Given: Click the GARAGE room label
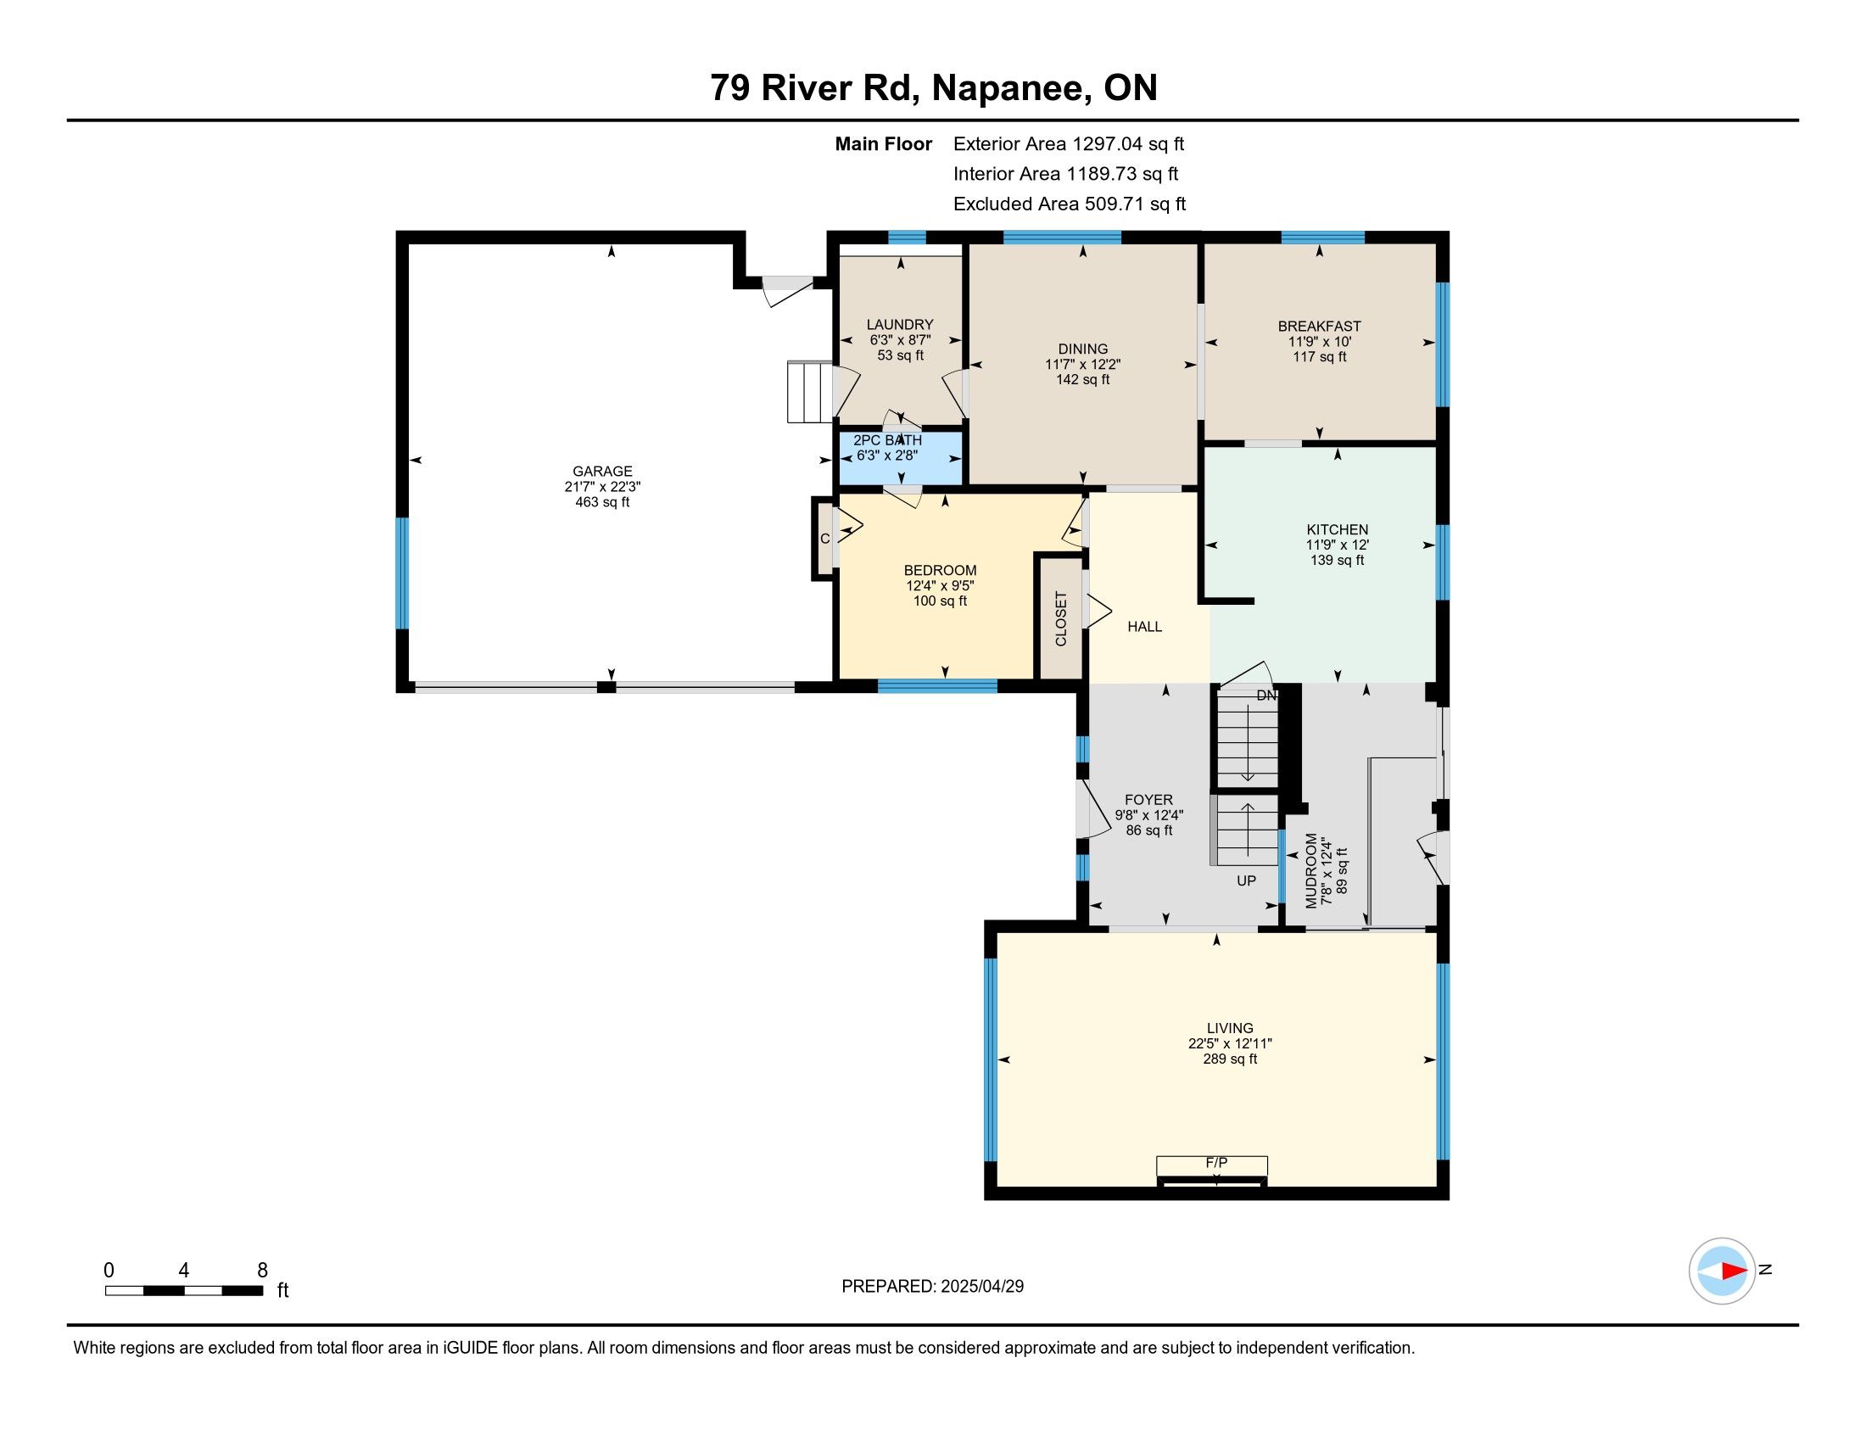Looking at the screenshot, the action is click(602, 471).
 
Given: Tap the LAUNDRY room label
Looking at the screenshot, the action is click(900, 325).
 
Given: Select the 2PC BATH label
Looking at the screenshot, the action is click(888, 440).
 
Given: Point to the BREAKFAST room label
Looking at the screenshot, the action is click(1319, 327).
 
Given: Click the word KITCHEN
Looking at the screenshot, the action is click(1337, 529).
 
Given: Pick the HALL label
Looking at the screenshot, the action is click(1145, 627).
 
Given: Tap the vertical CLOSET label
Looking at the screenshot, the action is click(1061, 619).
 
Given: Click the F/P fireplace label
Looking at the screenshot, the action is click(1216, 1163).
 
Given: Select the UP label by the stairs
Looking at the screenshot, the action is click(1247, 880).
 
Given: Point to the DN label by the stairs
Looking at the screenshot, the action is click(1266, 696).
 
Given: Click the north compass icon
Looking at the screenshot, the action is click(1722, 1272).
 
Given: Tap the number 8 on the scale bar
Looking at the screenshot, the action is click(262, 1271).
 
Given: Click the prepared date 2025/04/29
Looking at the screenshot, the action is click(980, 1287).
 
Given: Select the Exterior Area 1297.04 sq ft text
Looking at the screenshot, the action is click(1069, 144).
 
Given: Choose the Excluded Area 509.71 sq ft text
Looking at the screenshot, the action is click(1070, 204).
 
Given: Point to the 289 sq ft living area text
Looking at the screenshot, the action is click(1230, 1059).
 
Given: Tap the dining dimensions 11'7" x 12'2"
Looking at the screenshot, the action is click(1082, 365).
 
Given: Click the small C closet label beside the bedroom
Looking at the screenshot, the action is click(824, 539).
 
